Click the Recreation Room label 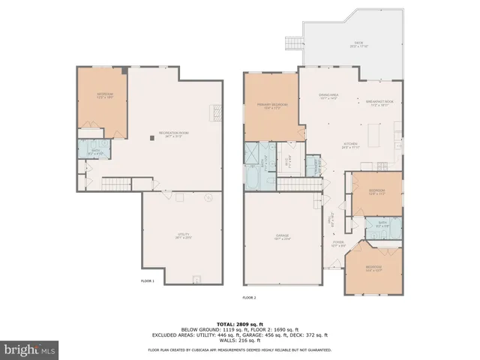coord(172,134)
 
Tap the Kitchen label coord(349,145)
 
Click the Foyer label coord(338,244)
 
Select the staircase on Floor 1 coord(115,184)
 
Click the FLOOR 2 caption coord(248,298)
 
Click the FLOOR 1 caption coord(148,281)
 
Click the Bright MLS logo coord(30,349)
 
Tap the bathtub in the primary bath coord(252,180)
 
